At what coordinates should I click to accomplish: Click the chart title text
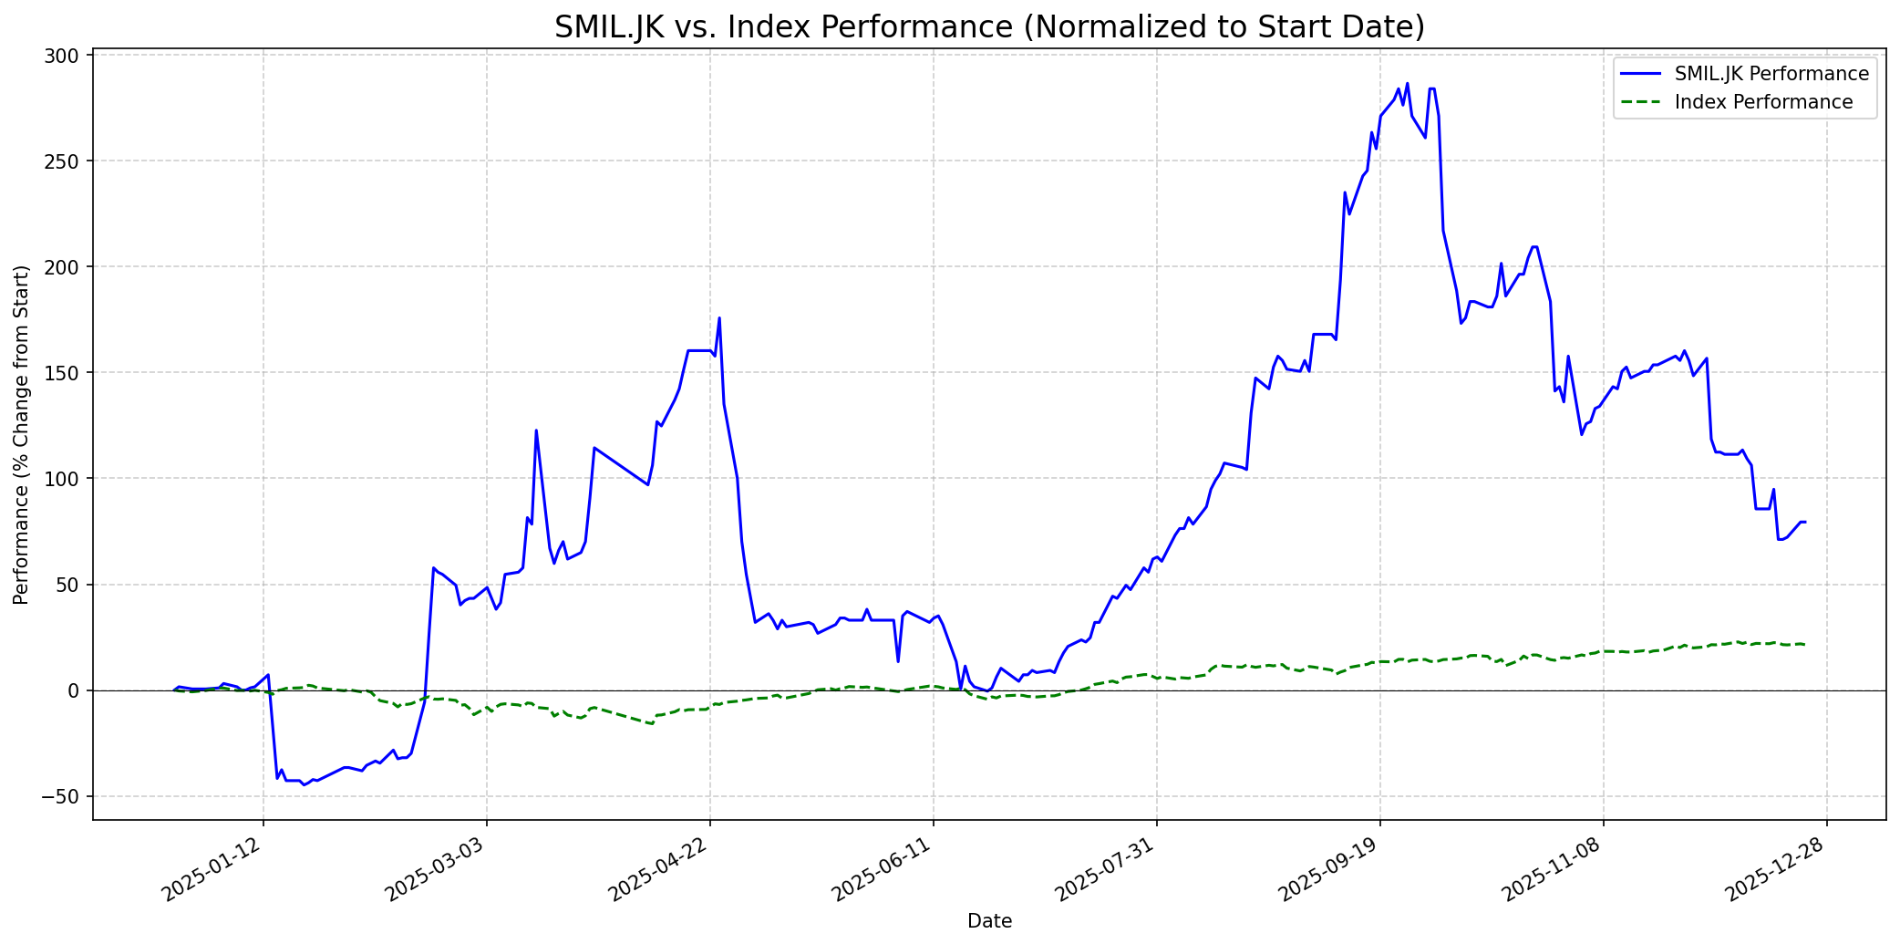click(989, 27)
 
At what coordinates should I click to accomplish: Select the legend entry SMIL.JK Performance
click(1771, 74)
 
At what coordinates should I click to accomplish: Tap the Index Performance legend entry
click(1763, 102)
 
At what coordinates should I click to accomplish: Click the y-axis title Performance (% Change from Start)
click(22, 435)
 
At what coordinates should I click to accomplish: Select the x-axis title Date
click(989, 921)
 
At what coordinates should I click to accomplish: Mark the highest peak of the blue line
click(1407, 83)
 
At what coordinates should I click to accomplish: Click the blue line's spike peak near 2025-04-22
click(719, 317)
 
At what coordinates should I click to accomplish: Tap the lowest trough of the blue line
click(304, 784)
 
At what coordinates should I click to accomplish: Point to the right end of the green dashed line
click(1805, 645)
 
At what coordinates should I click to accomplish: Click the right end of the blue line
click(1805, 522)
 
